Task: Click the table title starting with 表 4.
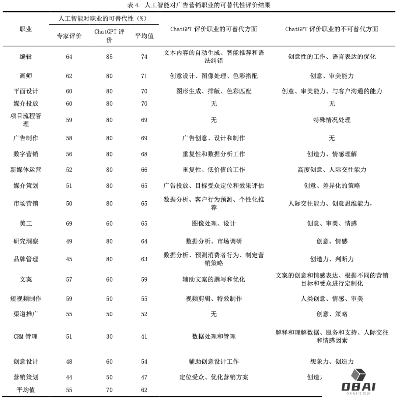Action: (199, 5)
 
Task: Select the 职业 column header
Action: (26, 29)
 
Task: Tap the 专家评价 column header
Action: (69, 36)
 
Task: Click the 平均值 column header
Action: (144, 36)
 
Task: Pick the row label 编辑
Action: (26, 57)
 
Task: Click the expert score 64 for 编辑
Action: (69, 57)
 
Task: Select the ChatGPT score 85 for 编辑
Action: (109, 57)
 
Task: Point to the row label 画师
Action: (26, 76)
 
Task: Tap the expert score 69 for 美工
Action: (69, 223)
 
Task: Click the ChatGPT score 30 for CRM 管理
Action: (109, 336)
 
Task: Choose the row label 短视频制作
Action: (26, 299)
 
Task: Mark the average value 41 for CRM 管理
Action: (144, 336)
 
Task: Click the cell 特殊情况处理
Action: (332, 120)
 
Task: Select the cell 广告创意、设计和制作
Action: (214, 138)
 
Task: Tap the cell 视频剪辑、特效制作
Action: (214, 299)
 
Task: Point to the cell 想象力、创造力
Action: (332, 361)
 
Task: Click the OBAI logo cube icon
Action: (358, 375)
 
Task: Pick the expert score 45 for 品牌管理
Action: (69, 259)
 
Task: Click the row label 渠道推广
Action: (26, 314)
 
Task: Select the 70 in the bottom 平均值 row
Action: (109, 390)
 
